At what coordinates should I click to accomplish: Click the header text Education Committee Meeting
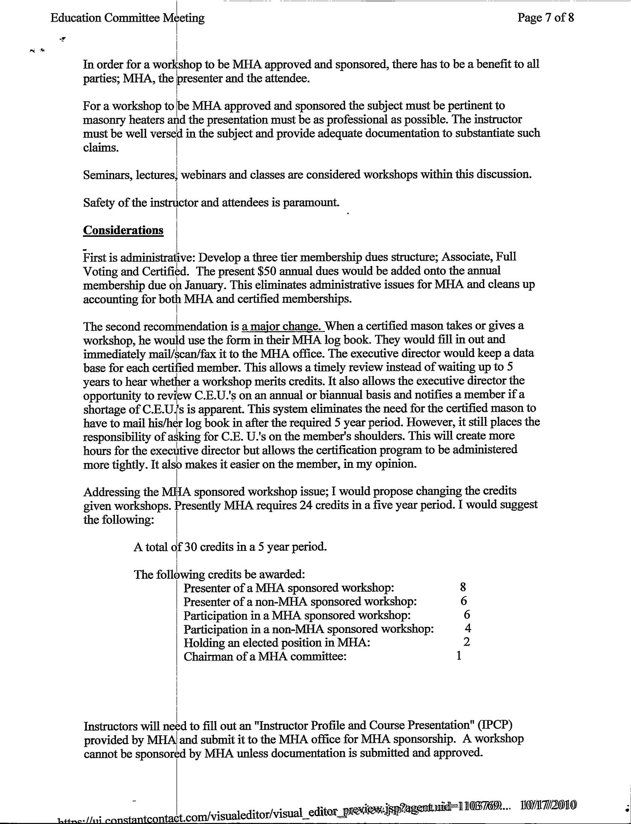(127, 18)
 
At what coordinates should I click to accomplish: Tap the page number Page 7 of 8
(545, 18)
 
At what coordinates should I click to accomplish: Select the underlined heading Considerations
(123, 230)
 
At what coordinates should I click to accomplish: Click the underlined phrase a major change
(283, 326)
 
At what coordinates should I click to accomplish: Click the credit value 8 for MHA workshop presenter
(463, 587)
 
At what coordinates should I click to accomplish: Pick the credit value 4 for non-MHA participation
(468, 628)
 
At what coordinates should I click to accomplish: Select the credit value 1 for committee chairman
(459, 656)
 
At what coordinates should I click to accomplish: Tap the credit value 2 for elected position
(466, 642)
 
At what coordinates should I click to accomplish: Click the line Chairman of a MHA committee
(265, 657)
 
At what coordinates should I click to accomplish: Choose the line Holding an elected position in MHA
(277, 643)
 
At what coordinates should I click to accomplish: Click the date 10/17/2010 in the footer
(548, 805)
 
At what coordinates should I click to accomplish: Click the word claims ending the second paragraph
(101, 148)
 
